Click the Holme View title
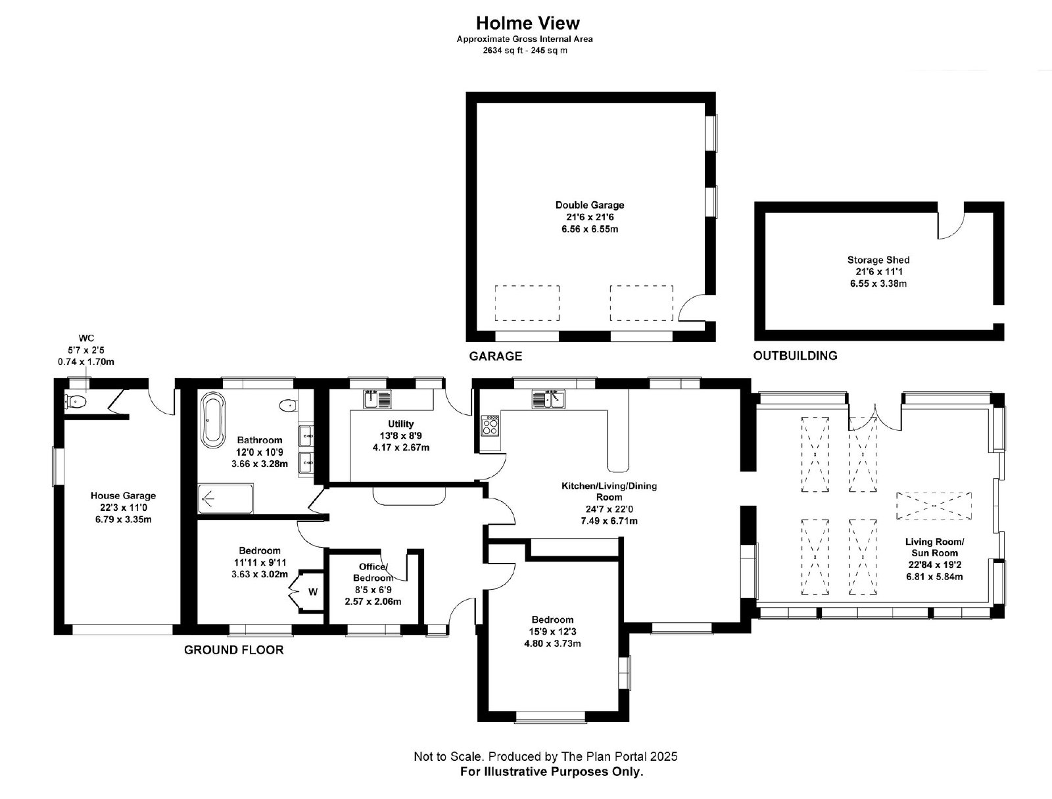pos(527,23)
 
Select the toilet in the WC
pos(75,401)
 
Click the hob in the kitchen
pos(490,425)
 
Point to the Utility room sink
pos(377,399)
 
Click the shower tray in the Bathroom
pos(226,498)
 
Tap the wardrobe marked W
pos(307,591)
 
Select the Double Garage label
pos(590,205)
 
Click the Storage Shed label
pos(878,260)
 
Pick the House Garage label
pos(123,496)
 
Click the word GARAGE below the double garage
pos(495,356)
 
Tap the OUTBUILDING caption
pos(795,356)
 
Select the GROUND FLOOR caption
pos(234,650)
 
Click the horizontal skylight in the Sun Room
pos(934,506)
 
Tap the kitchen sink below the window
pos(548,399)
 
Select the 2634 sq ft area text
pos(503,51)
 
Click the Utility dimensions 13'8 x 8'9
pos(400,436)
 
